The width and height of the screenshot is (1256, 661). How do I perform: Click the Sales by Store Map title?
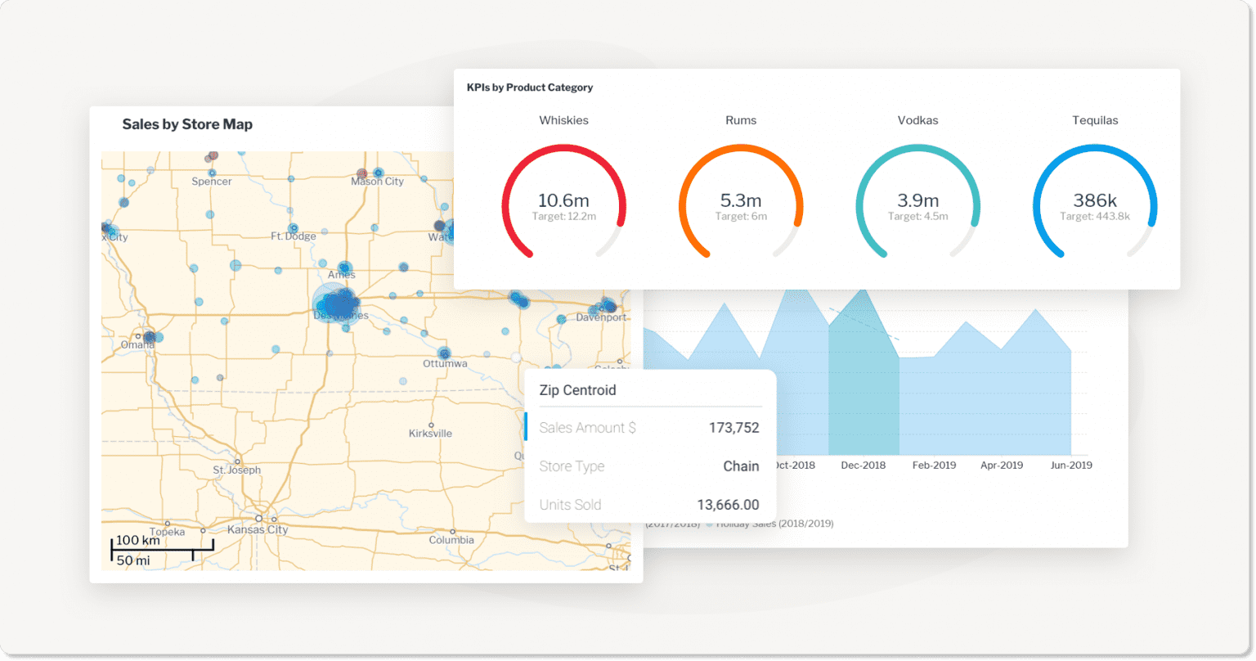[x=187, y=124]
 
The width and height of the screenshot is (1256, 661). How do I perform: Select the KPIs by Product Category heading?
[x=530, y=88]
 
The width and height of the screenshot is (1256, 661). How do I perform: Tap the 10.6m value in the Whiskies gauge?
[x=563, y=200]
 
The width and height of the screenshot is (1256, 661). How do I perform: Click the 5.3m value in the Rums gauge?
[x=741, y=200]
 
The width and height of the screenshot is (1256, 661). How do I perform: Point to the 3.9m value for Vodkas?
[x=917, y=200]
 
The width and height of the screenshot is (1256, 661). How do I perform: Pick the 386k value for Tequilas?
[x=1095, y=200]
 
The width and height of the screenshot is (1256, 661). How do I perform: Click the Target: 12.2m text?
[x=563, y=217]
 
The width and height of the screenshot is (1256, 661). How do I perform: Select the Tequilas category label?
[x=1095, y=120]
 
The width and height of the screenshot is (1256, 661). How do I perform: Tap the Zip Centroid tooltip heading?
[x=577, y=390]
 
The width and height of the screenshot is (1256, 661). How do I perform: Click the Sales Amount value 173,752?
[x=733, y=428]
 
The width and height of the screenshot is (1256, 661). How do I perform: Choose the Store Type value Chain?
[x=741, y=466]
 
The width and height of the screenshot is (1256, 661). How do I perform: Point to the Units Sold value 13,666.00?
[x=728, y=505]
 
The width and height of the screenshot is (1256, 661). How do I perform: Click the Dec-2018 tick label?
[x=863, y=465]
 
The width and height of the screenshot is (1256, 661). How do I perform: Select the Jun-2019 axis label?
[x=1070, y=465]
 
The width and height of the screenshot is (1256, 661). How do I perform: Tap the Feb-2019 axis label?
[x=934, y=465]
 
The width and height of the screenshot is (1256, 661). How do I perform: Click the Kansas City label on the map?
[x=258, y=529]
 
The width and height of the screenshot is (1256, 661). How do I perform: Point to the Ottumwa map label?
[x=445, y=363]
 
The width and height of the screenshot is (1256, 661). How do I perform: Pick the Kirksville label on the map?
[x=430, y=434]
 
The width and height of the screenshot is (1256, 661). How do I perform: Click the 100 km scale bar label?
[x=137, y=541]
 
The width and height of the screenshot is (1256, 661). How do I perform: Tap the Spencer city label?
[x=212, y=182]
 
